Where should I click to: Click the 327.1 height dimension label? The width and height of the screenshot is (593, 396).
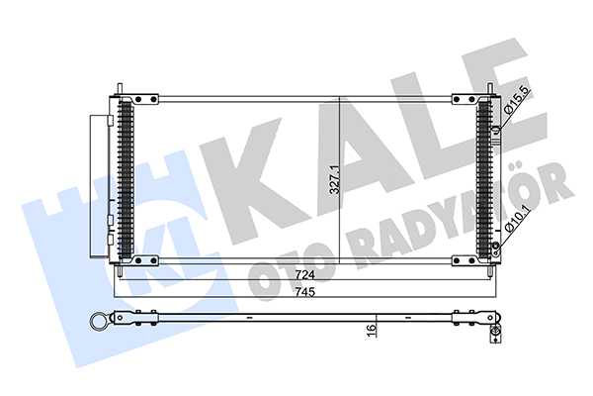(x=335, y=180)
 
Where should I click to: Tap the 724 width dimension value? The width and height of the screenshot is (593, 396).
(x=304, y=275)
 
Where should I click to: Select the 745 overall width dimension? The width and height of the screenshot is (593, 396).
(x=304, y=292)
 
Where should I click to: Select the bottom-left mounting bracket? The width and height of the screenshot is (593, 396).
(x=144, y=260)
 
